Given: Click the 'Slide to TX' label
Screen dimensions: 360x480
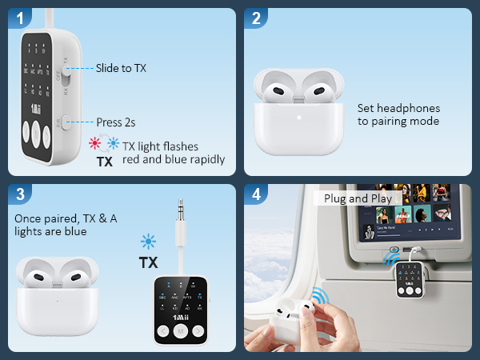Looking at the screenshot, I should pyautogui.click(x=121, y=68).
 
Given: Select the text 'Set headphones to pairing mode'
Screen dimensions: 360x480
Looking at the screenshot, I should pyautogui.click(x=398, y=114).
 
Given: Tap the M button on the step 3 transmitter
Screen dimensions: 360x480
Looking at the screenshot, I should pyautogui.click(x=182, y=330).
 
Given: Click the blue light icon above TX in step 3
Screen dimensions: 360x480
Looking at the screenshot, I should pyautogui.click(x=148, y=242).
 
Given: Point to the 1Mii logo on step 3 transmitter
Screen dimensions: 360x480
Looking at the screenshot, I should pyautogui.click(x=182, y=314).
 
